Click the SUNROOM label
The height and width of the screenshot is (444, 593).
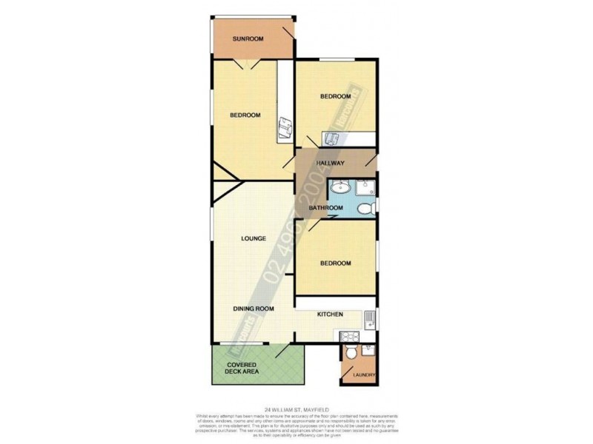(x=248, y=38)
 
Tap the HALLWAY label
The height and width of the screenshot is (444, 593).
(x=331, y=163)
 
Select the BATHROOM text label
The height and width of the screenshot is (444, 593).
(x=326, y=208)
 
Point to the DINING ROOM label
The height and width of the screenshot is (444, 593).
(x=254, y=309)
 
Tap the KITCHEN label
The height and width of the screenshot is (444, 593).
(x=330, y=315)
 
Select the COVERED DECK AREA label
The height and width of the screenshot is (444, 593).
(x=242, y=367)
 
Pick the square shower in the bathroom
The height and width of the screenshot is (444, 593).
(x=365, y=188)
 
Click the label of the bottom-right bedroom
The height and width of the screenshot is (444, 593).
(x=336, y=263)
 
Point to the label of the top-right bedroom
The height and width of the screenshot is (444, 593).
(x=335, y=97)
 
